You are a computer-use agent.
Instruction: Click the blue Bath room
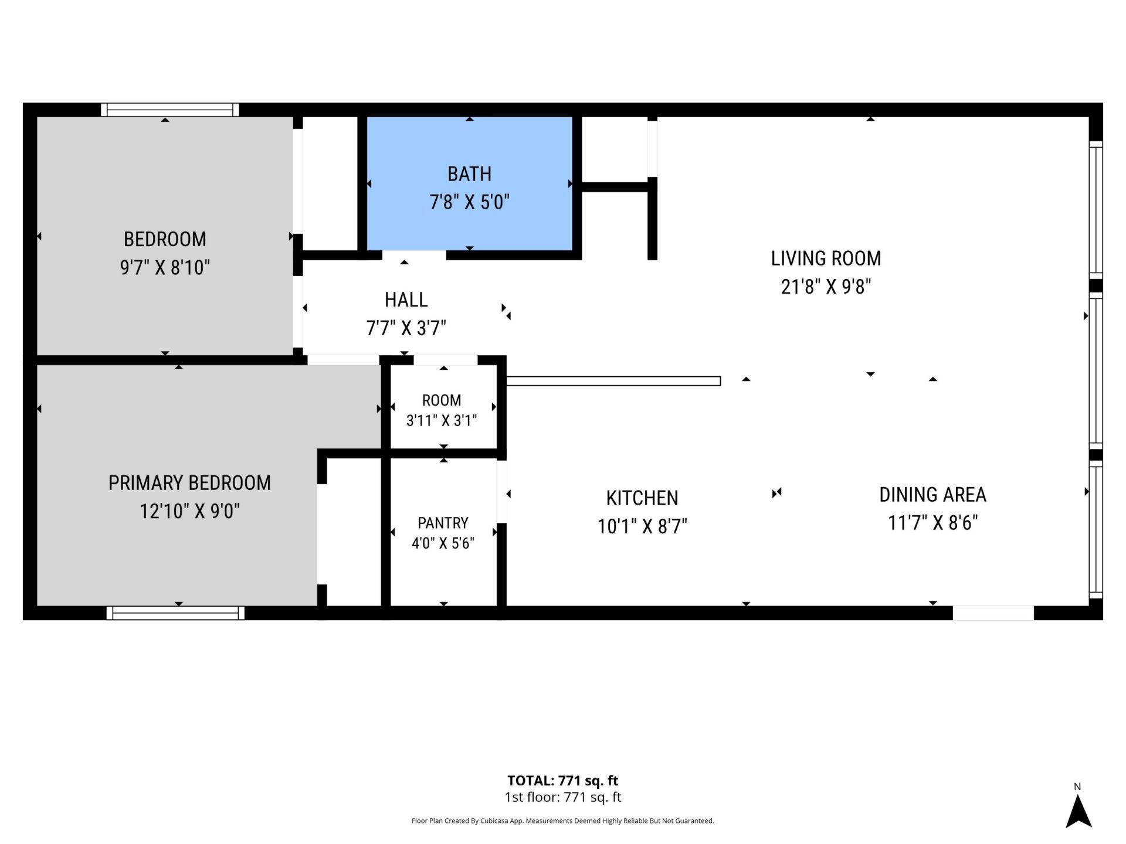point(469,183)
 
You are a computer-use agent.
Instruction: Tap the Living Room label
point(826,258)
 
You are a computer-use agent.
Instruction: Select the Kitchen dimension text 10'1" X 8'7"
point(642,526)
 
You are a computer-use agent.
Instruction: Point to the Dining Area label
point(932,495)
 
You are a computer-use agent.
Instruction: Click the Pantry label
point(443,523)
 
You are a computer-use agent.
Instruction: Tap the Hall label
point(406,300)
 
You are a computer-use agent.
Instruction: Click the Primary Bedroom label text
point(189,483)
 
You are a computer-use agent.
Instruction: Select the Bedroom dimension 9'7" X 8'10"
point(165,268)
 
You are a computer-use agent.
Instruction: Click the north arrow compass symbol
point(1078,811)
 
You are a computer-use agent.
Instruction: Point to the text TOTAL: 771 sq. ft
point(563,781)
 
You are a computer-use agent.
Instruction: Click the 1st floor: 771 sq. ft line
point(563,797)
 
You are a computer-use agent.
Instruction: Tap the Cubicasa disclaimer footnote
point(563,821)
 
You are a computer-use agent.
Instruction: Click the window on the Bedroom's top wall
point(170,110)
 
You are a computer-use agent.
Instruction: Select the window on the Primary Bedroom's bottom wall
point(175,613)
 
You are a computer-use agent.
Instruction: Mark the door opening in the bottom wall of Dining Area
point(993,613)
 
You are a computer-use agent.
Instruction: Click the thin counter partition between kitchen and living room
point(613,381)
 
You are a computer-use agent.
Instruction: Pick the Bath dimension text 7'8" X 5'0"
point(470,202)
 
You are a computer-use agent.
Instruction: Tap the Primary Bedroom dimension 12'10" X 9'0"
point(189,512)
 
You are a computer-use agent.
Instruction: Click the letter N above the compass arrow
point(1077,787)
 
